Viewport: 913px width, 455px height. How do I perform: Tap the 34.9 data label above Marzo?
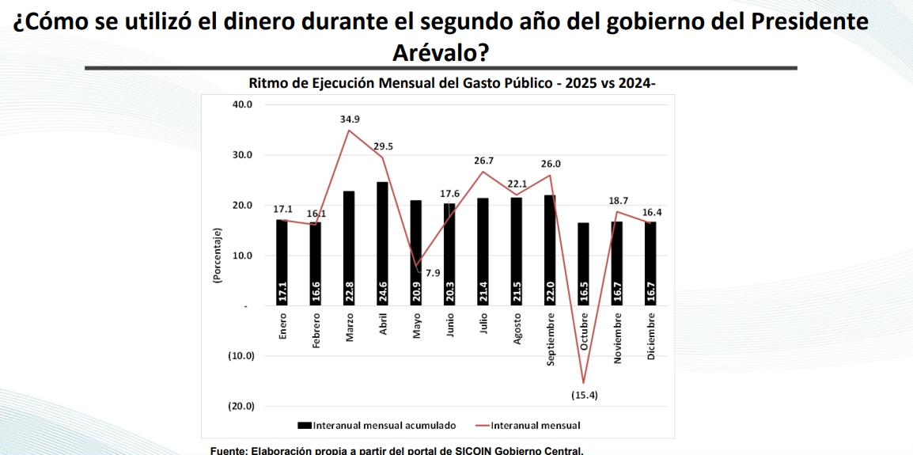tap(350, 119)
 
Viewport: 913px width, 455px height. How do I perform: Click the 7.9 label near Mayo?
tap(432, 273)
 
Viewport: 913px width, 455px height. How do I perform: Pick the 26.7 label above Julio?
tap(483, 161)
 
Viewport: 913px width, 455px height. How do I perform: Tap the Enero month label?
tap(282, 326)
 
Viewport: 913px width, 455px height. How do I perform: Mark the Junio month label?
tap(450, 326)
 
